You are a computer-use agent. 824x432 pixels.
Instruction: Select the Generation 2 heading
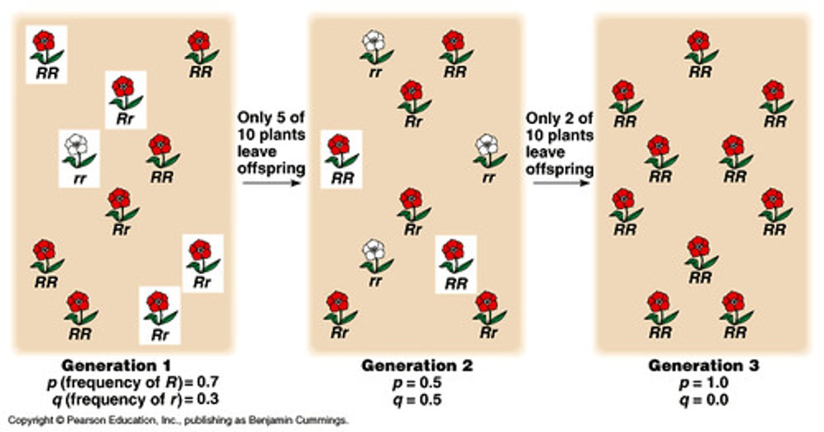coord(417,366)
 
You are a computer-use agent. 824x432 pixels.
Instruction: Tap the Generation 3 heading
coord(703,366)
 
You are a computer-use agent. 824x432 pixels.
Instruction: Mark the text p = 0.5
coord(417,382)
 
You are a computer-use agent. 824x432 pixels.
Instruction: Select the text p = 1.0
coord(703,382)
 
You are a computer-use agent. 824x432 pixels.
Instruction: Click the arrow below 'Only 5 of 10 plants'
coord(271,183)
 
